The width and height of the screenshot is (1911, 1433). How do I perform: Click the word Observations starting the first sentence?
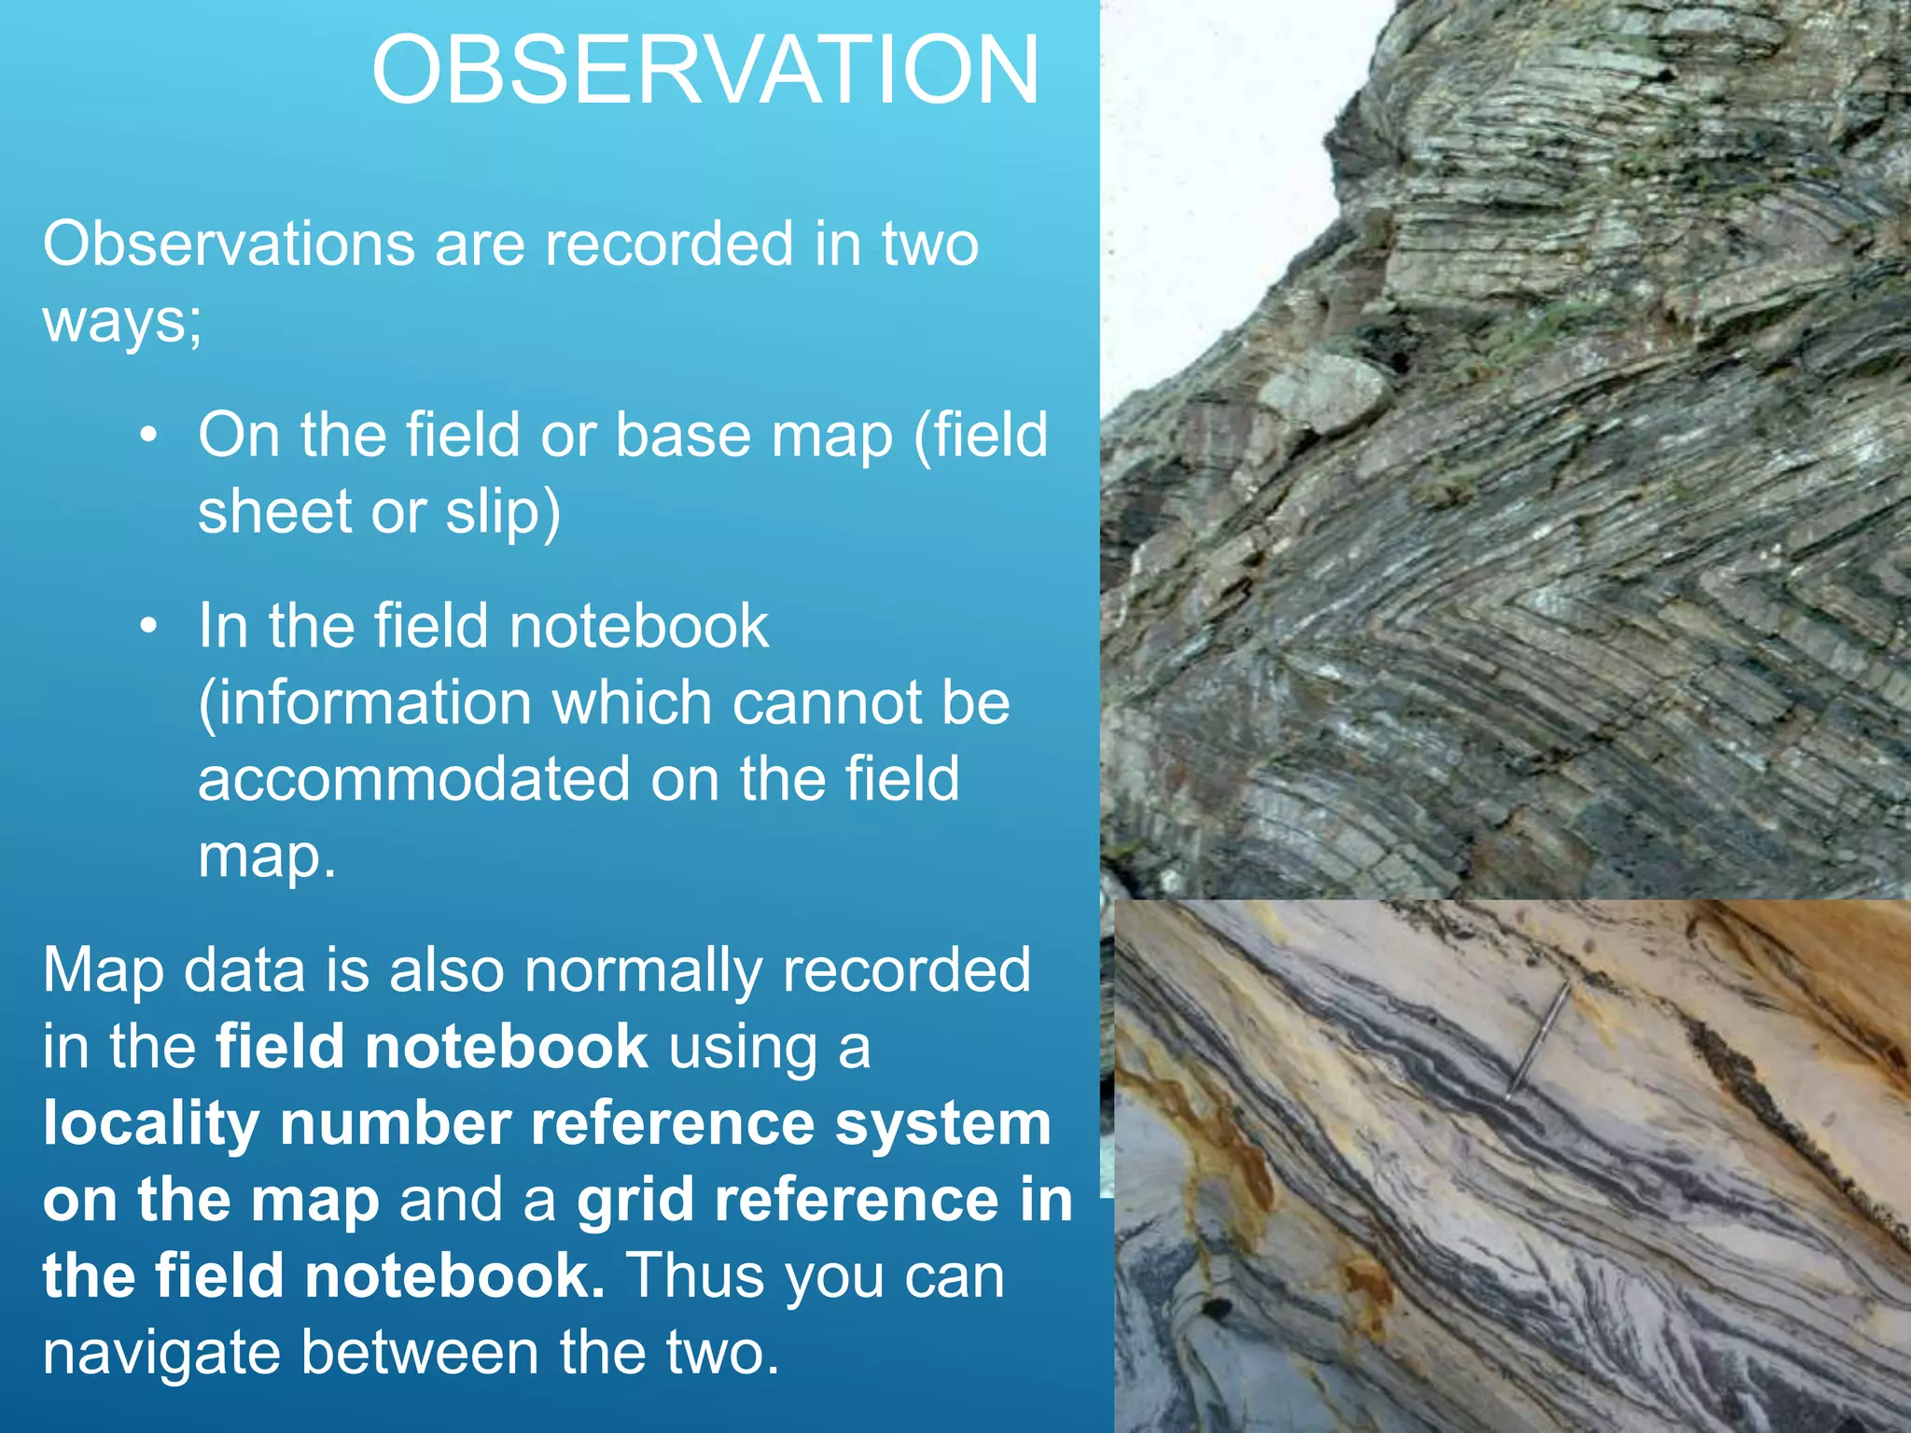click(x=229, y=244)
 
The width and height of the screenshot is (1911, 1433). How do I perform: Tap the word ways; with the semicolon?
click(x=122, y=321)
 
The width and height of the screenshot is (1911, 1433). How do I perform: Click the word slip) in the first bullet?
click(x=502, y=512)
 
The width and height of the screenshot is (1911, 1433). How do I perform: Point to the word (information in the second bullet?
click(x=365, y=703)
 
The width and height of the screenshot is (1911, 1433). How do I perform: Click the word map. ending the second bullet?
click(x=266, y=856)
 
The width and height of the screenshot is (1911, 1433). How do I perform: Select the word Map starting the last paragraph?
click(x=102, y=970)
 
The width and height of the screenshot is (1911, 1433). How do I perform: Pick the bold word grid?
click(x=635, y=1200)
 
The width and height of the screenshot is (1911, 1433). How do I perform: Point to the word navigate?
click(x=160, y=1353)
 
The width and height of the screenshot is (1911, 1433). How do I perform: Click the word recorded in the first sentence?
click(x=669, y=244)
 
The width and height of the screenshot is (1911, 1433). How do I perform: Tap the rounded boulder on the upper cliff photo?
click(x=1325, y=392)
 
